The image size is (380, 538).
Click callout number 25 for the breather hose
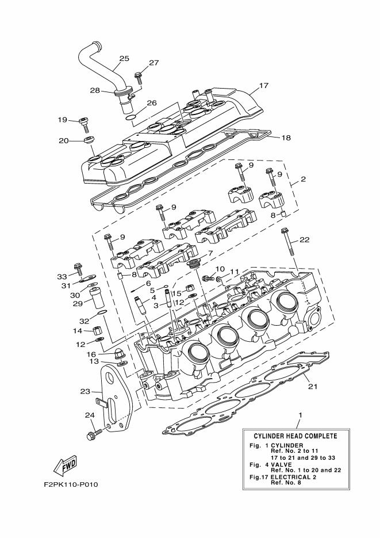pos(124,58)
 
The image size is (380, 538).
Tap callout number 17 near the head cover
pos(264,86)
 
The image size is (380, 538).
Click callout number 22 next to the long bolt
pos(304,240)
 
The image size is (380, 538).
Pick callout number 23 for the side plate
pos(85,392)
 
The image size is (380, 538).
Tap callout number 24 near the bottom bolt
pos(90,415)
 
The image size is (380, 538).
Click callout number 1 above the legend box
pos(299,415)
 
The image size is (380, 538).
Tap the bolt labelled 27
pos(138,75)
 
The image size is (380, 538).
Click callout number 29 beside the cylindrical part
pos(78,303)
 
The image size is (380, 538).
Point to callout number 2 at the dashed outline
pos(303,179)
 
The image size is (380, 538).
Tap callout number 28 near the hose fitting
pos(95,90)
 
